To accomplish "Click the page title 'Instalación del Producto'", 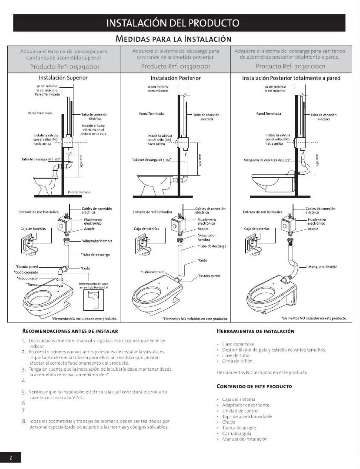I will [179, 23].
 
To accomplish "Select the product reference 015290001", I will [65, 67].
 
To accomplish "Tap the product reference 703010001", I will [290, 67].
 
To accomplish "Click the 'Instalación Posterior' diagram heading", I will [176, 78].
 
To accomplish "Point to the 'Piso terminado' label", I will [79, 192].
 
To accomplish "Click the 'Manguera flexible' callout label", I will [322, 267].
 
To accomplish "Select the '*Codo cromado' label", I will [26, 272].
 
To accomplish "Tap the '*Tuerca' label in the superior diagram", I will [32, 284].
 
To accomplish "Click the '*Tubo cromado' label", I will [152, 272].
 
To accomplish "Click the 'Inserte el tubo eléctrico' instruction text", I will [93, 130].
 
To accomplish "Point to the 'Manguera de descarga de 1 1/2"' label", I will [267, 160].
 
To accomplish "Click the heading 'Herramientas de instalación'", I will [256, 331].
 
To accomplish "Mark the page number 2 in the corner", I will [10, 458].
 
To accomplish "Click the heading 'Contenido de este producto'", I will [254, 386].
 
